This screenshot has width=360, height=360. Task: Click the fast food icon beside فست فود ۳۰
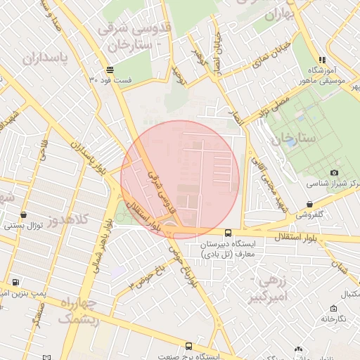[110, 70]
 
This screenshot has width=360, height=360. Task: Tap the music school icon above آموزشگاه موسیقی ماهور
[322, 60]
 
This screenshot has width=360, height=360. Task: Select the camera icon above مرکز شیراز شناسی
[334, 172]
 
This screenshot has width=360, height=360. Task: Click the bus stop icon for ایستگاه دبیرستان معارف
[227, 233]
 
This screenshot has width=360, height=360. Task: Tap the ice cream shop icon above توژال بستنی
[24, 215]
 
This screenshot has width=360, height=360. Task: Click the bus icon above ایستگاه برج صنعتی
[188, 346]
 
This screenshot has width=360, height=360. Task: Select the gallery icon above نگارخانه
[333, 308]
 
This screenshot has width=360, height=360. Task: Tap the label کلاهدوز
[69, 219]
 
